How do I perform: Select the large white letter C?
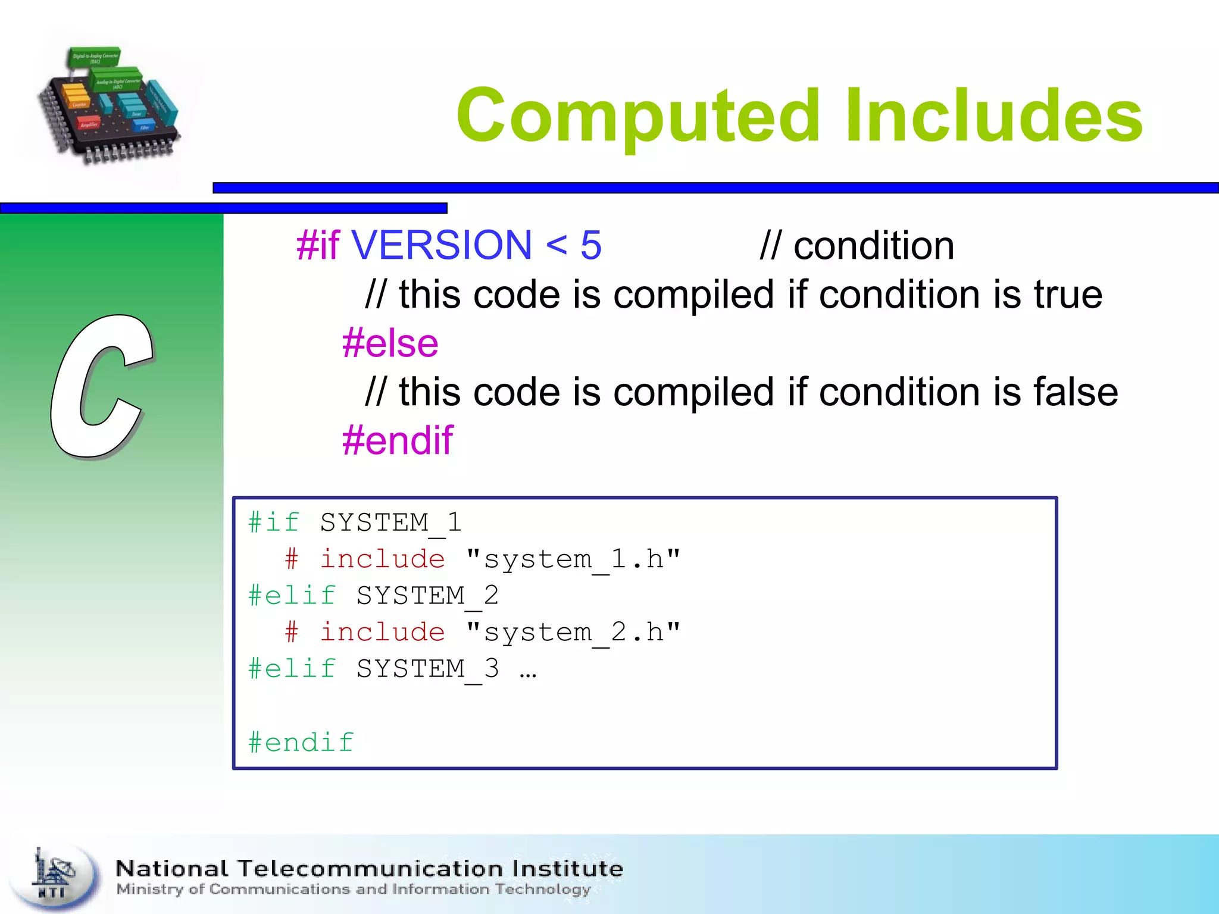pos(101,387)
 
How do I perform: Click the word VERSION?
pos(441,245)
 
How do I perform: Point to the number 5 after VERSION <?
pos(590,245)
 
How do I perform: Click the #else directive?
pos(390,343)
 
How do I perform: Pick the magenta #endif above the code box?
pos(397,441)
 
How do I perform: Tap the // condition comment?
pos(857,245)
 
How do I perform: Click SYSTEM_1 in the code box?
pos(390,523)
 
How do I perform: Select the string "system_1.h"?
pos(573,559)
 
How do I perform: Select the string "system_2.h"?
pos(573,633)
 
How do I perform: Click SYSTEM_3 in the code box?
pos(427,669)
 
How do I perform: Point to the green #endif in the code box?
pos(301,743)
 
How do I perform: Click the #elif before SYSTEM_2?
pos(292,596)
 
